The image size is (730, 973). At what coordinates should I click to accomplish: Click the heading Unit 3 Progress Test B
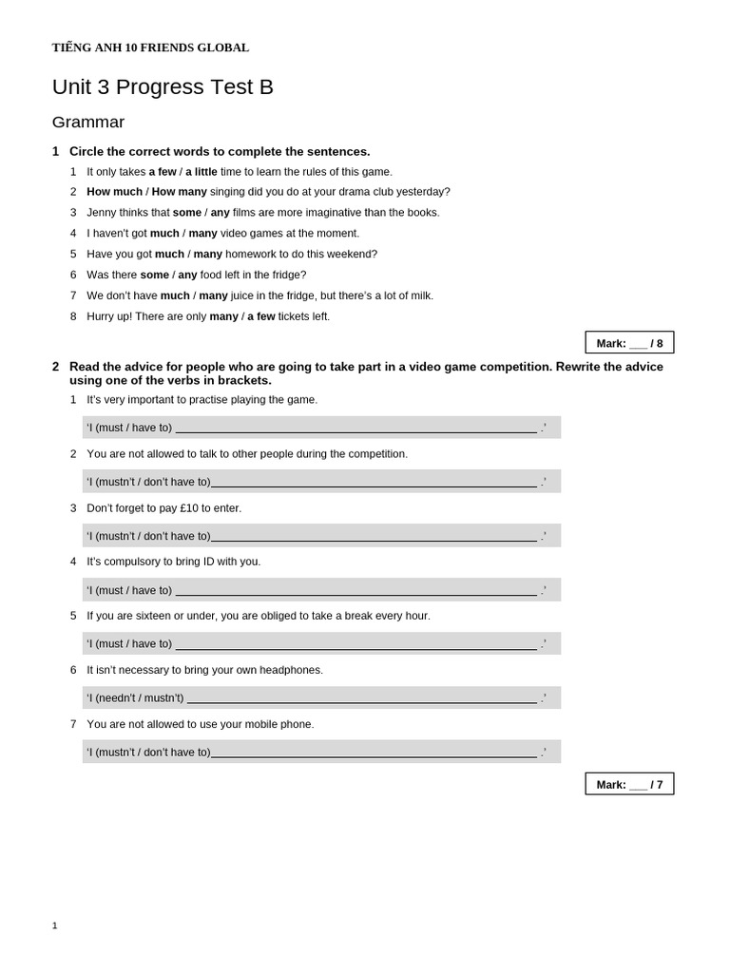pos(163,87)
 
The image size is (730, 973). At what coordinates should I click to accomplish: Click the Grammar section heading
pos(88,123)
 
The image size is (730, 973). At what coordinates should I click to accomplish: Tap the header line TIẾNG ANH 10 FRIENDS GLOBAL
pos(150,48)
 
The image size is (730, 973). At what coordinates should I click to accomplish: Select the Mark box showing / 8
pos(629,343)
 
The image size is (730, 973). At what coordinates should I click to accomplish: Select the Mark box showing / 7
pos(629,784)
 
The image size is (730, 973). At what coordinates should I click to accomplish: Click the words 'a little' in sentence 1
pos(202,172)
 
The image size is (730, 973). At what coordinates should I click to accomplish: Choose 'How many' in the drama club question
pos(180,192)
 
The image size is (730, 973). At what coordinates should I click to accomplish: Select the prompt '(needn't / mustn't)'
pos(140,698)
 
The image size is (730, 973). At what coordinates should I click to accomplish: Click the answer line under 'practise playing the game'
pos(356,429)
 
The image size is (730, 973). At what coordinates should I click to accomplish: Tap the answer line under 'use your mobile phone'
pos(374,753)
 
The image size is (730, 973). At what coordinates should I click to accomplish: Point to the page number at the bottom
pos(55,925)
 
